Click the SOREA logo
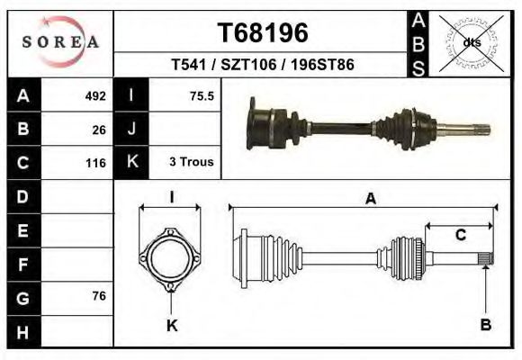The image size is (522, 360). pyautogui.click(x=60, y=41)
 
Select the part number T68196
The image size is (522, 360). pyautogui.click(x=263, y=33)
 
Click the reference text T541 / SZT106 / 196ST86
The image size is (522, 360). pyautogui.click(x=263, y=65)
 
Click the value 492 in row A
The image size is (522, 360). pyautogui.click(x=95, y=95)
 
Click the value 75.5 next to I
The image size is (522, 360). pyautogui.click(x=202, y=95)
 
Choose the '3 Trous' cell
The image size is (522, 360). pyautogui.click(x=191, y=162)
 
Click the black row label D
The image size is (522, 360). pyautogui.click(x=22, y=196)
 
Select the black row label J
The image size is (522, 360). pyautogui.click(x=131, y=129)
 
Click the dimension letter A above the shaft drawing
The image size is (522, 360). pyautogui.click(x=370, y=200)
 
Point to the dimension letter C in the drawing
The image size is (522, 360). pyautogui.click(x=460, y=236)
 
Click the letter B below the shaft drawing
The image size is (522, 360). pyautogui.click(x=486, y=325)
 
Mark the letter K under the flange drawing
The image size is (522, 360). pyautogui.click(x=172, y=326)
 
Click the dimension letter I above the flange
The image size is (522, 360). pyautogui.click(x=171, y=198)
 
